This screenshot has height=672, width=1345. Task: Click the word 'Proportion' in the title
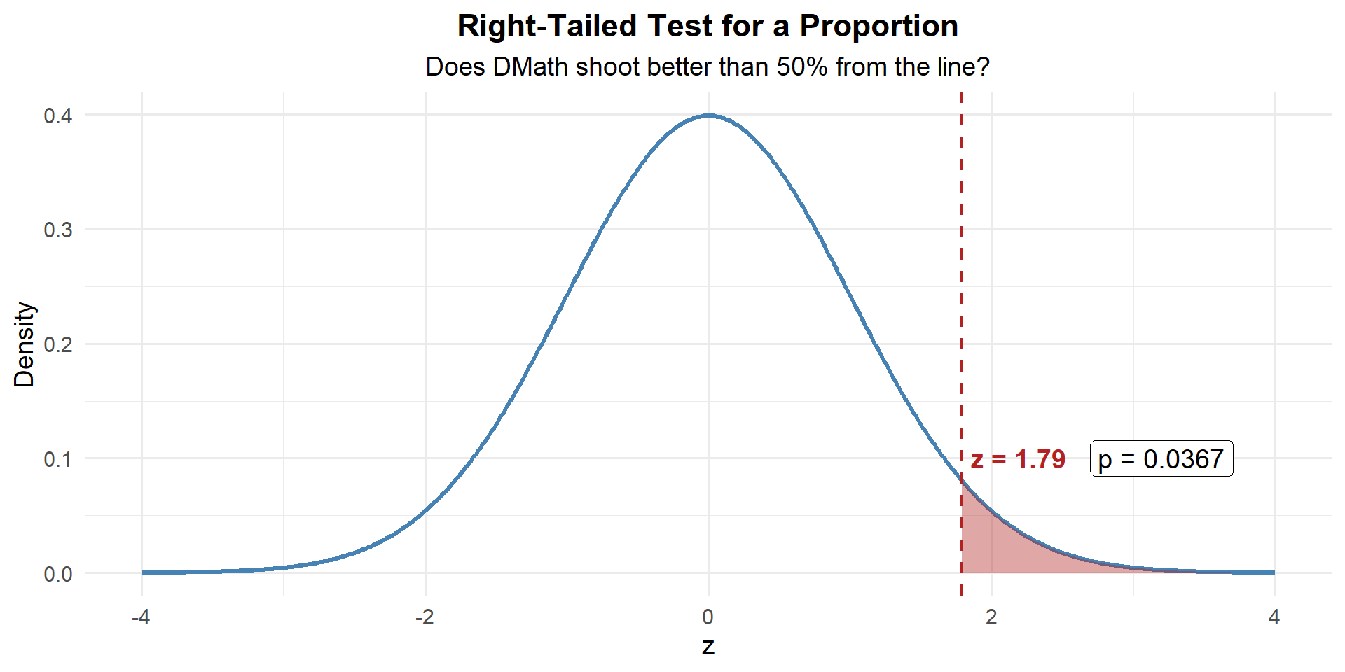(x=878, y=27)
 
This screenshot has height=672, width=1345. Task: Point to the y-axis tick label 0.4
(x=58, y=115)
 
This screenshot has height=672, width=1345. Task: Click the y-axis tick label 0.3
(x=58, y=230)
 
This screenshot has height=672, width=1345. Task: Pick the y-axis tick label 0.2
(x=58, y=345)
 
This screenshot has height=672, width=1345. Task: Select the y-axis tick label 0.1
(x=58, y=460)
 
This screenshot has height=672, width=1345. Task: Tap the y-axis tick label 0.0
(x=58, y=575)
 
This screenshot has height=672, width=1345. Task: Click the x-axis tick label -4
(x=142, y=617)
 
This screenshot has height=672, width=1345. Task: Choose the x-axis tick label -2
(x=425, y=617)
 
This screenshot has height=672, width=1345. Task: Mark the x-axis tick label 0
(x=708, y=617)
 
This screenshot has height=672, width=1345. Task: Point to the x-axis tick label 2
(x=991, y=617)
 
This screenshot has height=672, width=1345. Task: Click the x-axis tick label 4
(x=1274, y=617)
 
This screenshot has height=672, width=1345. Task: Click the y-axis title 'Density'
(x=25, y=344)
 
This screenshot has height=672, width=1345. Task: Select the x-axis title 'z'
(x=708, y=647)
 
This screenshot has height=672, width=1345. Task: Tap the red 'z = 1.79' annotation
(x=1018, y=460)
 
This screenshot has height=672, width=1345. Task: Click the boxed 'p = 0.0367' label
(x=1161, y=459)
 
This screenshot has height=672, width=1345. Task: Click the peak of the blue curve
(x=708, y=115)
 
